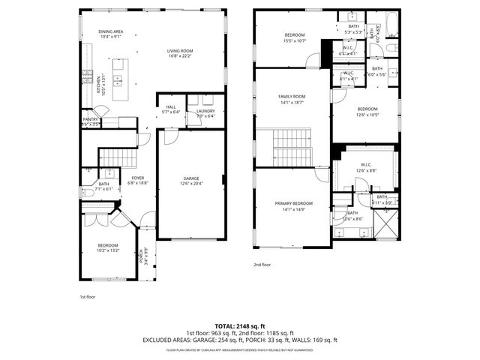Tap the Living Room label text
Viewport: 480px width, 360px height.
click(180, 54)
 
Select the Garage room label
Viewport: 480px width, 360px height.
click(190, 180)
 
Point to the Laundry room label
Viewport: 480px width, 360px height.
click(205, 113)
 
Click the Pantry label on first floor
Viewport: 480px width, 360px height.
click(90, 121)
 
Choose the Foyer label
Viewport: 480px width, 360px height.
click(138, 180)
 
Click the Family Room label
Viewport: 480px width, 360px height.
click(292, 99)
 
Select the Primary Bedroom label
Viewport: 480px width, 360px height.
click(292, 206)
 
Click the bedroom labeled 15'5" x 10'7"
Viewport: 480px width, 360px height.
click(295, 37)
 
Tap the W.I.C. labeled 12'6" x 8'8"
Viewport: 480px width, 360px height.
click(367, 167)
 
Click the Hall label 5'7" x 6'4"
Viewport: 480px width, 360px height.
click(171, 109)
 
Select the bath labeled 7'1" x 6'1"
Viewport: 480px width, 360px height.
click(103, 187)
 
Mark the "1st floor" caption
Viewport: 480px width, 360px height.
click(88, 297)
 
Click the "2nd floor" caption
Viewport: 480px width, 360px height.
click(262, 265)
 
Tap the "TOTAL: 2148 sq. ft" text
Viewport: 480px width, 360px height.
click(240, 325)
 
